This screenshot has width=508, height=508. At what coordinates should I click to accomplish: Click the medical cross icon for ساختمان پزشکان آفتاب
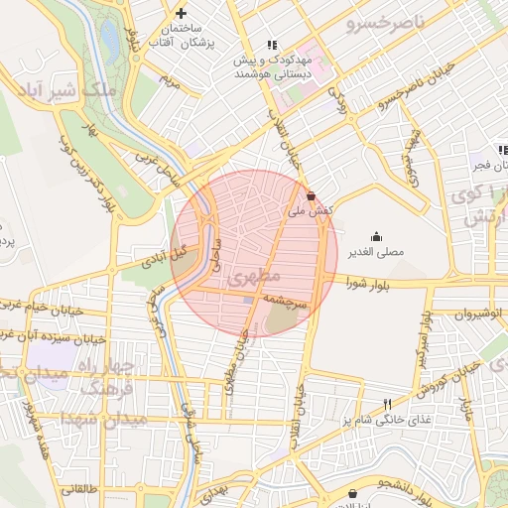tap(180, 13)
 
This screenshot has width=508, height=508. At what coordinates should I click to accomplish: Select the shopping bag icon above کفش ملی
tap(313, 195)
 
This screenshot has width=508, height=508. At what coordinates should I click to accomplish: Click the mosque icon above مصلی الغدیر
tap(377, 236)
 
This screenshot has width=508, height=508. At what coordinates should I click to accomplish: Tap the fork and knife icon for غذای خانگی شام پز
tap(388, 404)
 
